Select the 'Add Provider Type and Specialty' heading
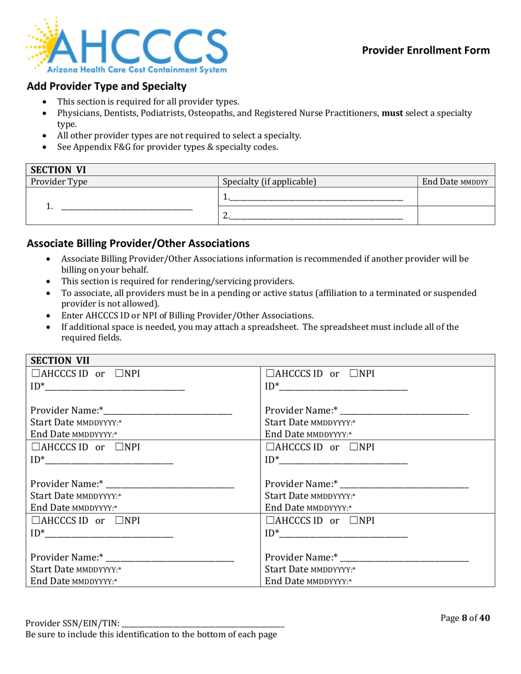(x=107, y=87)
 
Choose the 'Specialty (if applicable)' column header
(x=269, y=181)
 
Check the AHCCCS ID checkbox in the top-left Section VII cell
(x=36, y=374)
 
